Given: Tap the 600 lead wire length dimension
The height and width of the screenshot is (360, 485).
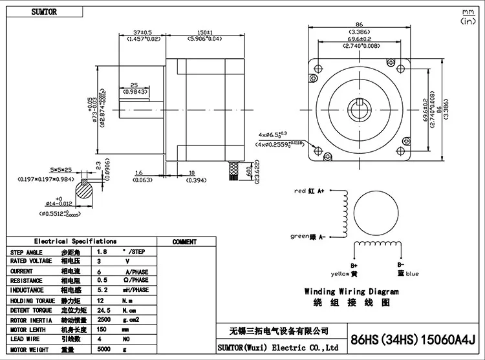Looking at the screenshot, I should click(x=250, y=169).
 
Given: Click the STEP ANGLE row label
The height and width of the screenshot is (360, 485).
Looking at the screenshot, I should click(x=27, y=252).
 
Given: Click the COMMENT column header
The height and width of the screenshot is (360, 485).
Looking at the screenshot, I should click(x=184, y=242).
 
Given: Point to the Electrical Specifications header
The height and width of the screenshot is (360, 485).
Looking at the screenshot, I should click(x=75, y=241).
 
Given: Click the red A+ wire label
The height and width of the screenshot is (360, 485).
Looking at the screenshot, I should click(x=310, y=191).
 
